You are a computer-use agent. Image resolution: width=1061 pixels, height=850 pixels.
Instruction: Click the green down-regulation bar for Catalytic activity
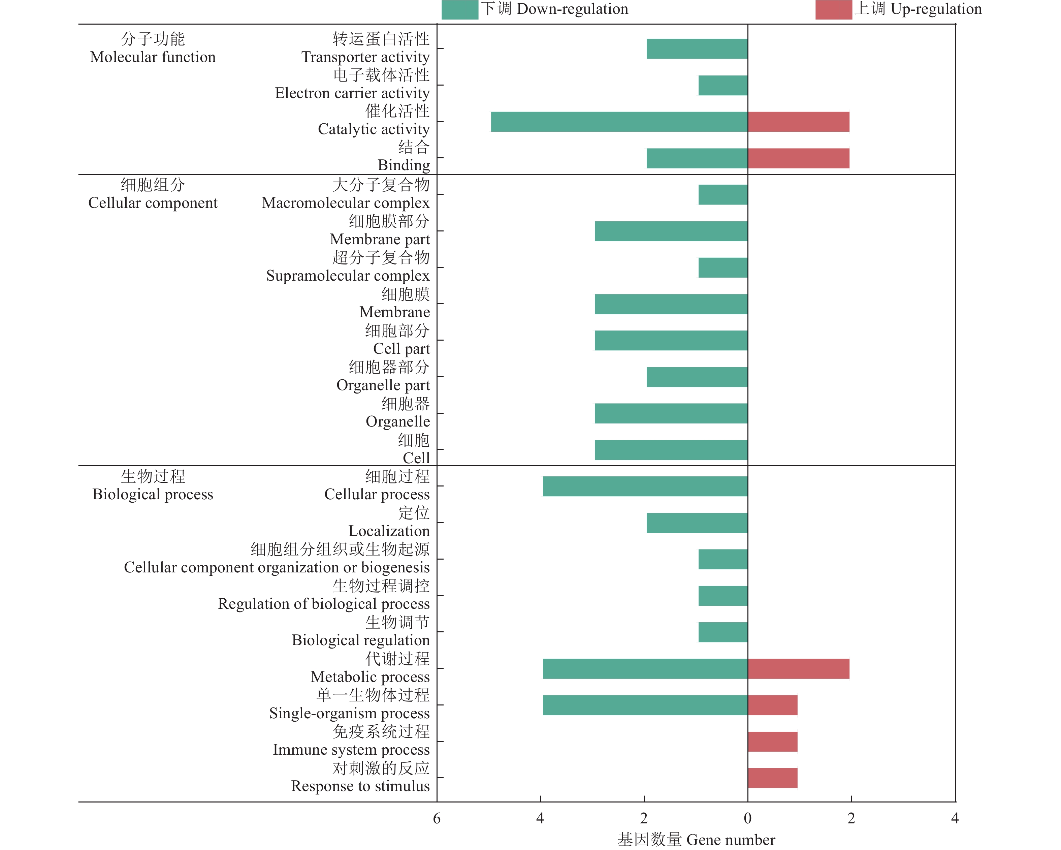[619, 122]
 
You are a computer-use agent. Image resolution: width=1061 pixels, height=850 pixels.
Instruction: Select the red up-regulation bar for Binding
[798, 158]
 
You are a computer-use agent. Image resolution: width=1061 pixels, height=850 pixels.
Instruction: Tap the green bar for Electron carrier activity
[722, 85]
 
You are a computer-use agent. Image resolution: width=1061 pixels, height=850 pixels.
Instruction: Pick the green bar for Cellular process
[645, 486]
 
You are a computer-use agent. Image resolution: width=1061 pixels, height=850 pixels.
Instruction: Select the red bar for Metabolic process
[798, 668]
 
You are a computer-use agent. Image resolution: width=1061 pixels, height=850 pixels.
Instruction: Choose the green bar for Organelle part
[697, 377]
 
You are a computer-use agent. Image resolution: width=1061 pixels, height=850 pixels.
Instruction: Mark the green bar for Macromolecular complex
[722, 194]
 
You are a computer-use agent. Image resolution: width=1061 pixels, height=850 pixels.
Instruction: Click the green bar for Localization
[697, 523]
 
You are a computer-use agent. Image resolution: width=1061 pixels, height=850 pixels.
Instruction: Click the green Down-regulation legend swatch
[460, 10]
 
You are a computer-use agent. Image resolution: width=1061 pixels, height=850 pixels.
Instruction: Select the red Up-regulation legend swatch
[833, 10]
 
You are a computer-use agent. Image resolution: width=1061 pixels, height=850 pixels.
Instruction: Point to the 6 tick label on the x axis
[437, 818]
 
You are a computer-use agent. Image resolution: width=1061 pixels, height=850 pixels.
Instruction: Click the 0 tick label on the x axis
[747, 818]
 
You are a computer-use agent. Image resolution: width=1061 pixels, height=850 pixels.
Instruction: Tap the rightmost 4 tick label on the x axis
[955, 818]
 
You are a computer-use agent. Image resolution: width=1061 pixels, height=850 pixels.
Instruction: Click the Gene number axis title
[696, 839]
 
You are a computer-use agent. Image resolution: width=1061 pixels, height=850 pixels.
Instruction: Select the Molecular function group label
[153, 48]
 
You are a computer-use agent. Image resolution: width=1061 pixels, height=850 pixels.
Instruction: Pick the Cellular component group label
[153, 194]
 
